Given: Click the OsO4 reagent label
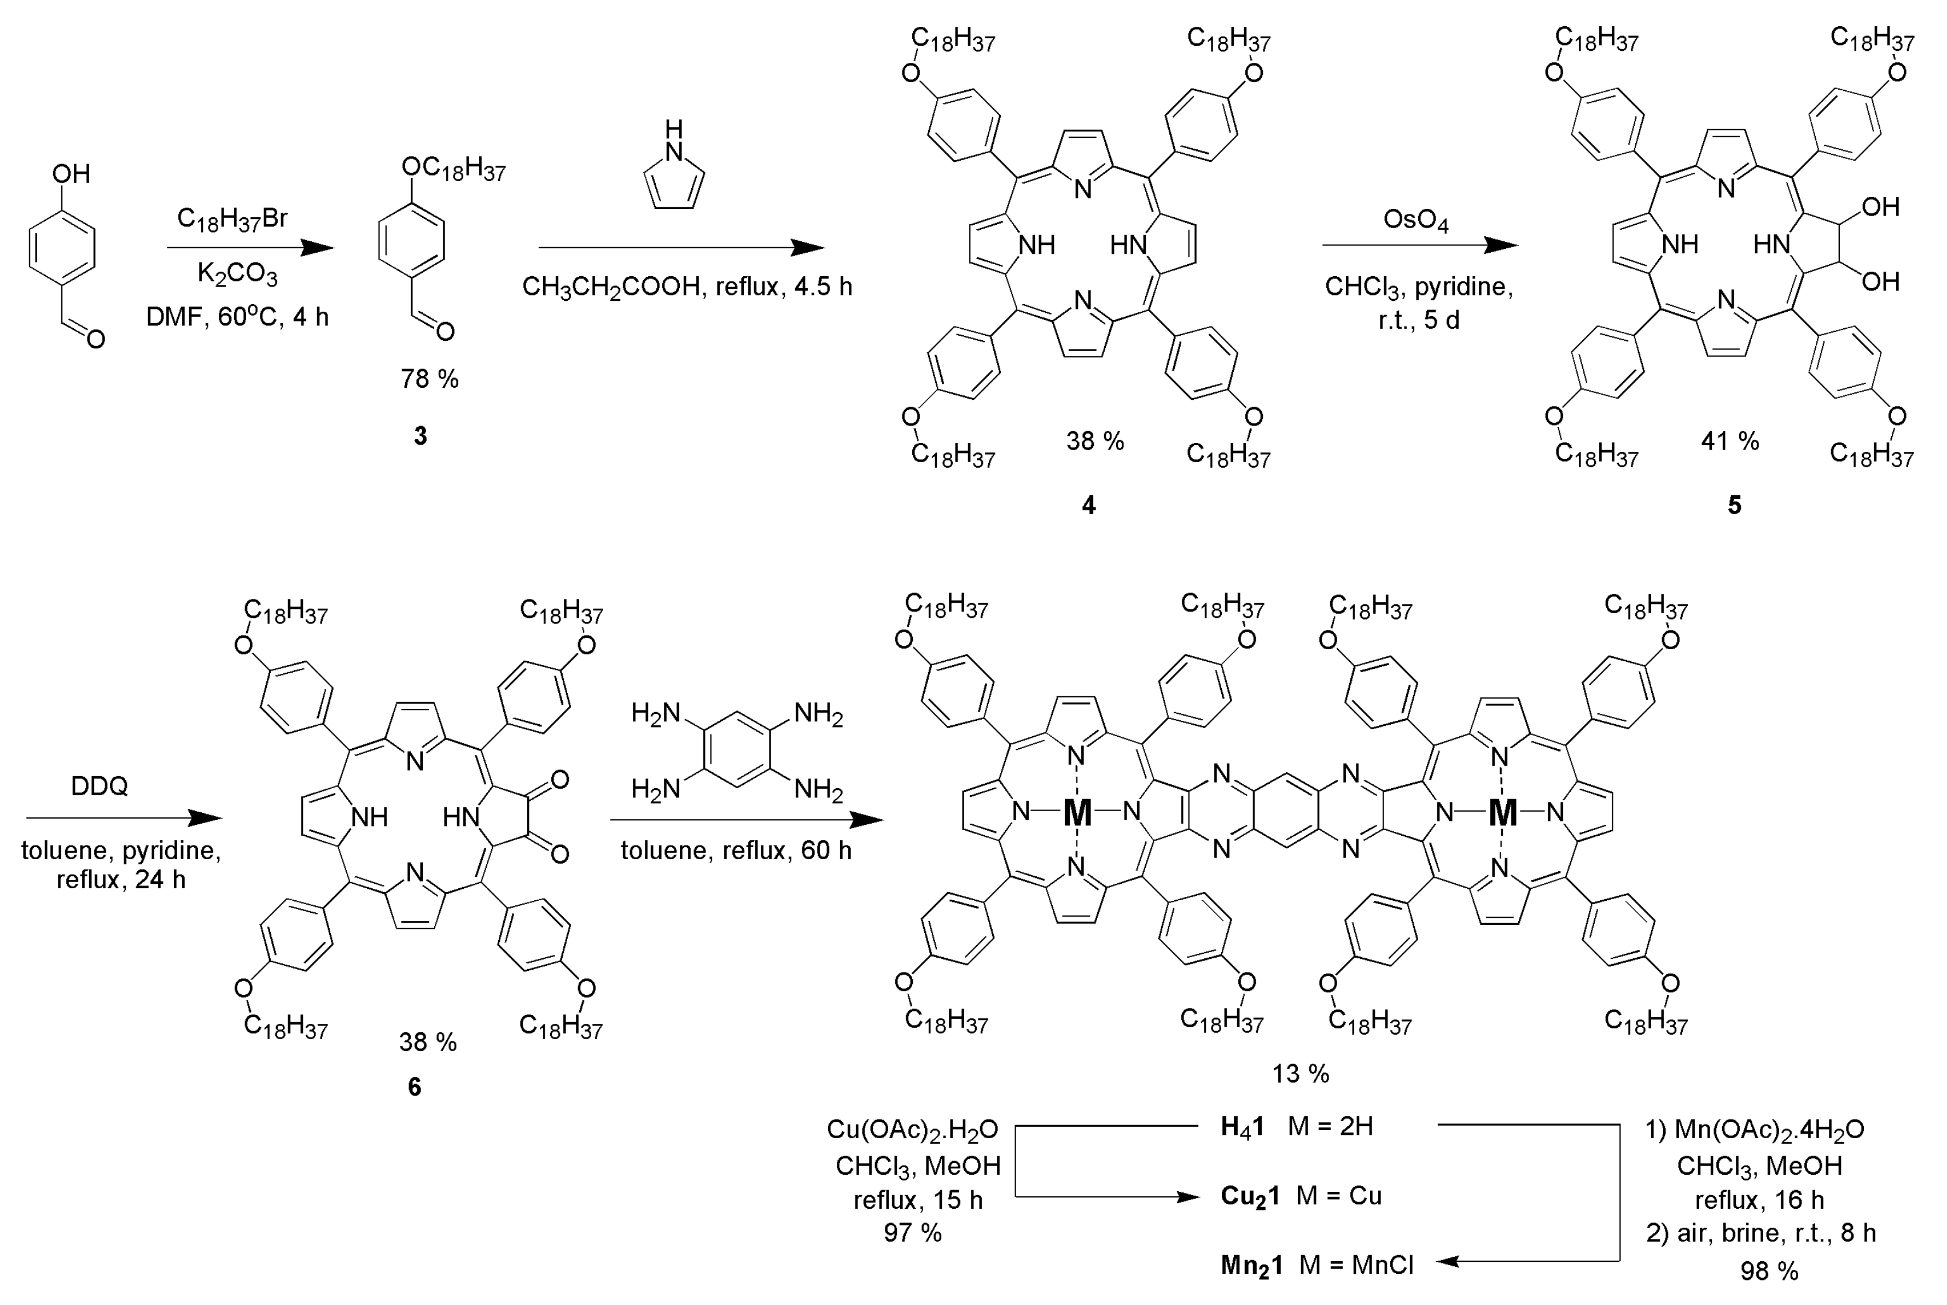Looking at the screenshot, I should [x=1415, y=220].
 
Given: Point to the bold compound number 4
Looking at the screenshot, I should [x=1088, y=505].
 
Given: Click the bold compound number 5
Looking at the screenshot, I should [x=1734, y=505].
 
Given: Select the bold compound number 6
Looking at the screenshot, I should [x=415, y=1087].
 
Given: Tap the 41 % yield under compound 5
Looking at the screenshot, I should [x=1730, y=441].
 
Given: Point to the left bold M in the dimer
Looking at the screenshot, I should [x=1077, y=812].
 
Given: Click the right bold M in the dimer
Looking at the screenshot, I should [x=1503, y=812].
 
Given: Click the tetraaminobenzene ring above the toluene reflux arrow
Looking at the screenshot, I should [x=737, y=749].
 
